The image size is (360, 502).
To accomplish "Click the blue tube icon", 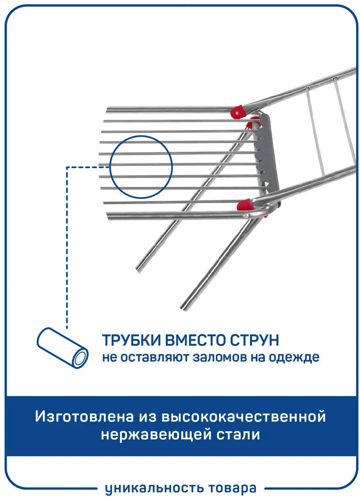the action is click(x=62, y=347).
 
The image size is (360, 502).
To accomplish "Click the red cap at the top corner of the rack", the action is click(x=239, y=112).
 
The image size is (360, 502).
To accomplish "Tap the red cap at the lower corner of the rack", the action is click(x=245, y=204).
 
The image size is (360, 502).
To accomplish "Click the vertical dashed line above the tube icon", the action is click(x=67, y=247).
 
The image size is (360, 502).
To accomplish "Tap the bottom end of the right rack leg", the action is click(x=184, y=307).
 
